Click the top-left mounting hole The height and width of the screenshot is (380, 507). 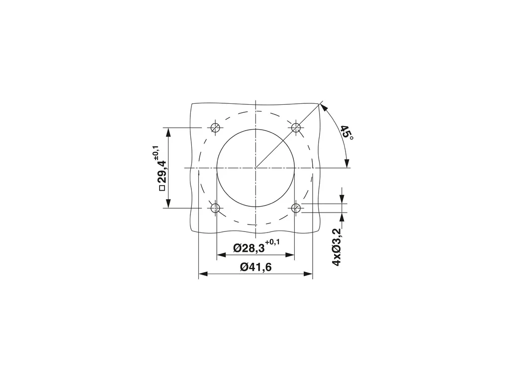[215, 127]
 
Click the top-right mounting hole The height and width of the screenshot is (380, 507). [296, 127]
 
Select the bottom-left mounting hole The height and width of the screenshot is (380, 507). [215, 208]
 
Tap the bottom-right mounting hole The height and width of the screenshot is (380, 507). [296, 208]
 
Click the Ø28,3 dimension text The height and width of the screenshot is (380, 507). [249, 248]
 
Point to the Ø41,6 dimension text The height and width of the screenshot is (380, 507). [256, 267]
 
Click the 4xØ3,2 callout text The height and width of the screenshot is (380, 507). [337, 247]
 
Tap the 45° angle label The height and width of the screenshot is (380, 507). [347, 133]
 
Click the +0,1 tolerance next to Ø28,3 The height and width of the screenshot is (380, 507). [272, 242]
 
